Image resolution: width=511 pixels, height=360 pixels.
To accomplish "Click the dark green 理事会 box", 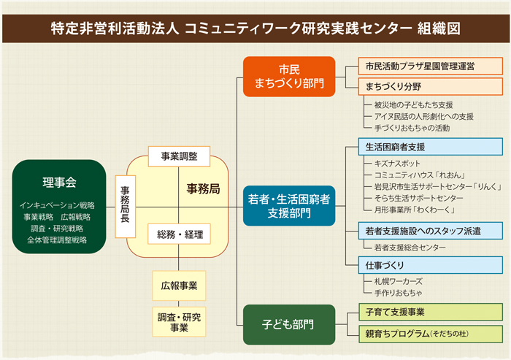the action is tap(59, 207).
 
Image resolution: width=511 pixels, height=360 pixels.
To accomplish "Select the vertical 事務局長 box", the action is tap(125, 207).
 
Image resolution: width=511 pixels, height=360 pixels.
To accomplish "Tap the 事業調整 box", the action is tap(179, 156).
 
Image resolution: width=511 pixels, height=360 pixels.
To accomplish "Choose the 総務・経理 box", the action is tap(179, 234).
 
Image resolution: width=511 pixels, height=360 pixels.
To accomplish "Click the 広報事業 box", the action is tap(179, 286).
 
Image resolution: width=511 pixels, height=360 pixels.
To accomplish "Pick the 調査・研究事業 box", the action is tap(179, 322).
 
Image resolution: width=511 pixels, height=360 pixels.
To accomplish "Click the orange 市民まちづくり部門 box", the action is tap(289, 77).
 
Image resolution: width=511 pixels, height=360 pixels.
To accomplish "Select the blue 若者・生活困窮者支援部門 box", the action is tap(289, 206).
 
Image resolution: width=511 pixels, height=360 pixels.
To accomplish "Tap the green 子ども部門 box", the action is tap(289, 324).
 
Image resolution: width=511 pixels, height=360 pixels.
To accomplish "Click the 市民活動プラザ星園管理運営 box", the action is tap(431, 66).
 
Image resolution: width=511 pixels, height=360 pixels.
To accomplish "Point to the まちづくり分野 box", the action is tap(431, 86).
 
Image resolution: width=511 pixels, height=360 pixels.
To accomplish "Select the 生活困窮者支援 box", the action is tap(431, 147).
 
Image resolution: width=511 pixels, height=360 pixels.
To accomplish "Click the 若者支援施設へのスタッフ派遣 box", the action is tap(431, 231).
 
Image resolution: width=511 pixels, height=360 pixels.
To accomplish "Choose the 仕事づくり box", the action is tap(431, 265).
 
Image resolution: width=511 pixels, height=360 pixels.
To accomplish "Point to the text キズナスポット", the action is tap(397, 164).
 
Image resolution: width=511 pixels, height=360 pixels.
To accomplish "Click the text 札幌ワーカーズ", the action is tap(399, 281).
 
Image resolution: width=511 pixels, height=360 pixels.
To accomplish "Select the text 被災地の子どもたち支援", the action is tap(414, 105).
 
